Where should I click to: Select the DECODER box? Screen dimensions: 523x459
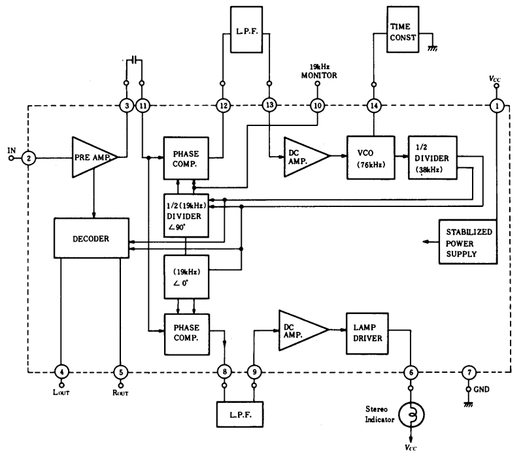[92, 238]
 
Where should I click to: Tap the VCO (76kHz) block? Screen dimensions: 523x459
[371, 157]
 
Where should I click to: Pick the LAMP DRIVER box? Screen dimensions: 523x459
[367, 333]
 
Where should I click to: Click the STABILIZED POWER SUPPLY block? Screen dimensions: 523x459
[468, 242]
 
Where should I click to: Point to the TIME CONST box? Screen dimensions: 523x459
[403, 29]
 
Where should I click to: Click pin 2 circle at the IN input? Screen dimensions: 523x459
[29, 158]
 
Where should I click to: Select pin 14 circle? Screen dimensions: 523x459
[374, 106]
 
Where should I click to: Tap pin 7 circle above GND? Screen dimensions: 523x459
[469, 372]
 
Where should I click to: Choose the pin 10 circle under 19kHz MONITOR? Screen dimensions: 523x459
[318, 106]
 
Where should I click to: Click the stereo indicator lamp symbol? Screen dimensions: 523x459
[411, 415]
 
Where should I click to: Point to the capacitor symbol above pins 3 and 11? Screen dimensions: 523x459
[134, 60]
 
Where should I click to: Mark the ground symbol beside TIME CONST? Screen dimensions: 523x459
[433, 48]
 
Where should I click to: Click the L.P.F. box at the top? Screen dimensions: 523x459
[246, 29]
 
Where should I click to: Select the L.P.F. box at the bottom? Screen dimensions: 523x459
[240, 415]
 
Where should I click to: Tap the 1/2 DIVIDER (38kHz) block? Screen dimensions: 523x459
[433, 157]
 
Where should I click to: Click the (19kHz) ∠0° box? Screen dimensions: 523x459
[186, 277]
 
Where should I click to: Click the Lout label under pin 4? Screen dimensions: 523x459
[61, 392]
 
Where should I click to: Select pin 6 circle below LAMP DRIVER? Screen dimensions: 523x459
[411, 372]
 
